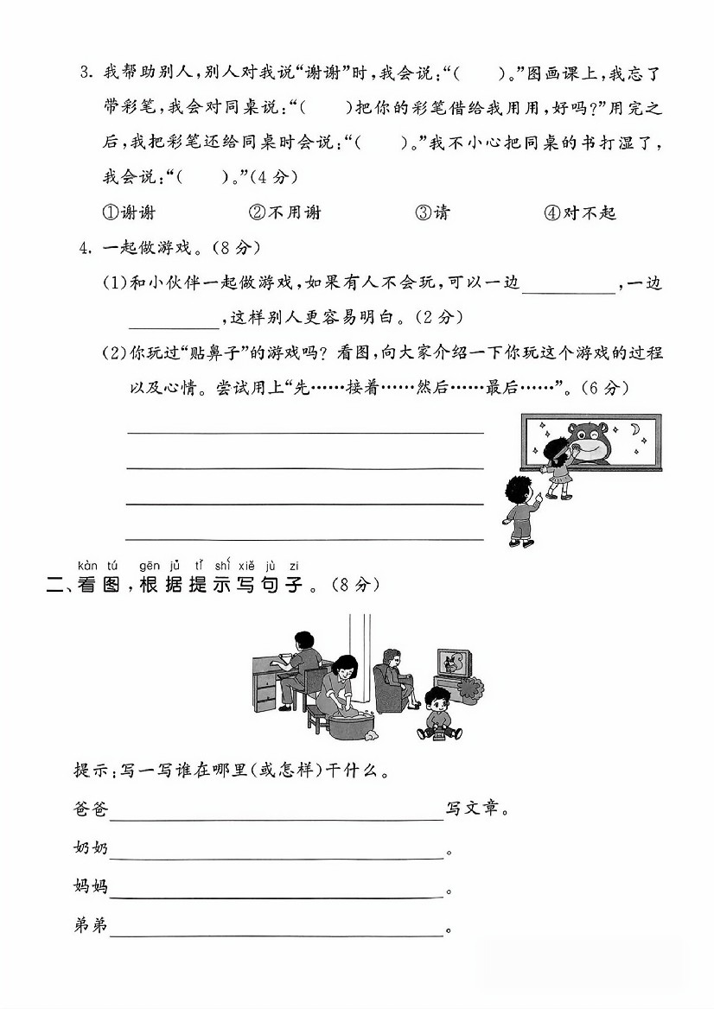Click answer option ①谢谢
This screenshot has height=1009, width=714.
pos(129,213)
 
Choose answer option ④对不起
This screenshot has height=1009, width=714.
pos(580,213)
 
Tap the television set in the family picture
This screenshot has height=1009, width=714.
pos(455,665)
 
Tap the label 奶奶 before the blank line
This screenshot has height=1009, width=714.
pos(91,848)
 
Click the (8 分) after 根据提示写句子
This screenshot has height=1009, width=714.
pos(355,585)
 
